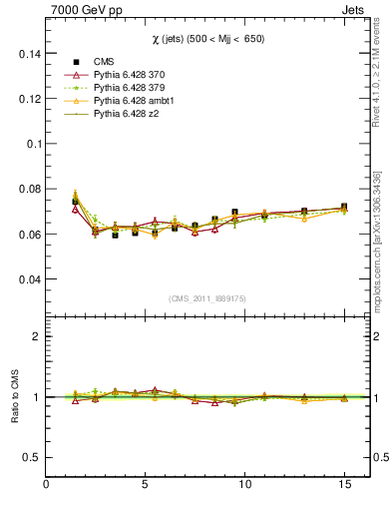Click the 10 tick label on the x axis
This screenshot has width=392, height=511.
(x=244, y=485)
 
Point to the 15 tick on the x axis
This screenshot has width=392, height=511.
(x=344, y=485)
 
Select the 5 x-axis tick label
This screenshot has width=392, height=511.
(x=146, y=485)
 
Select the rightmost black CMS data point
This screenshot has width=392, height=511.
(x=344, y=208)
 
